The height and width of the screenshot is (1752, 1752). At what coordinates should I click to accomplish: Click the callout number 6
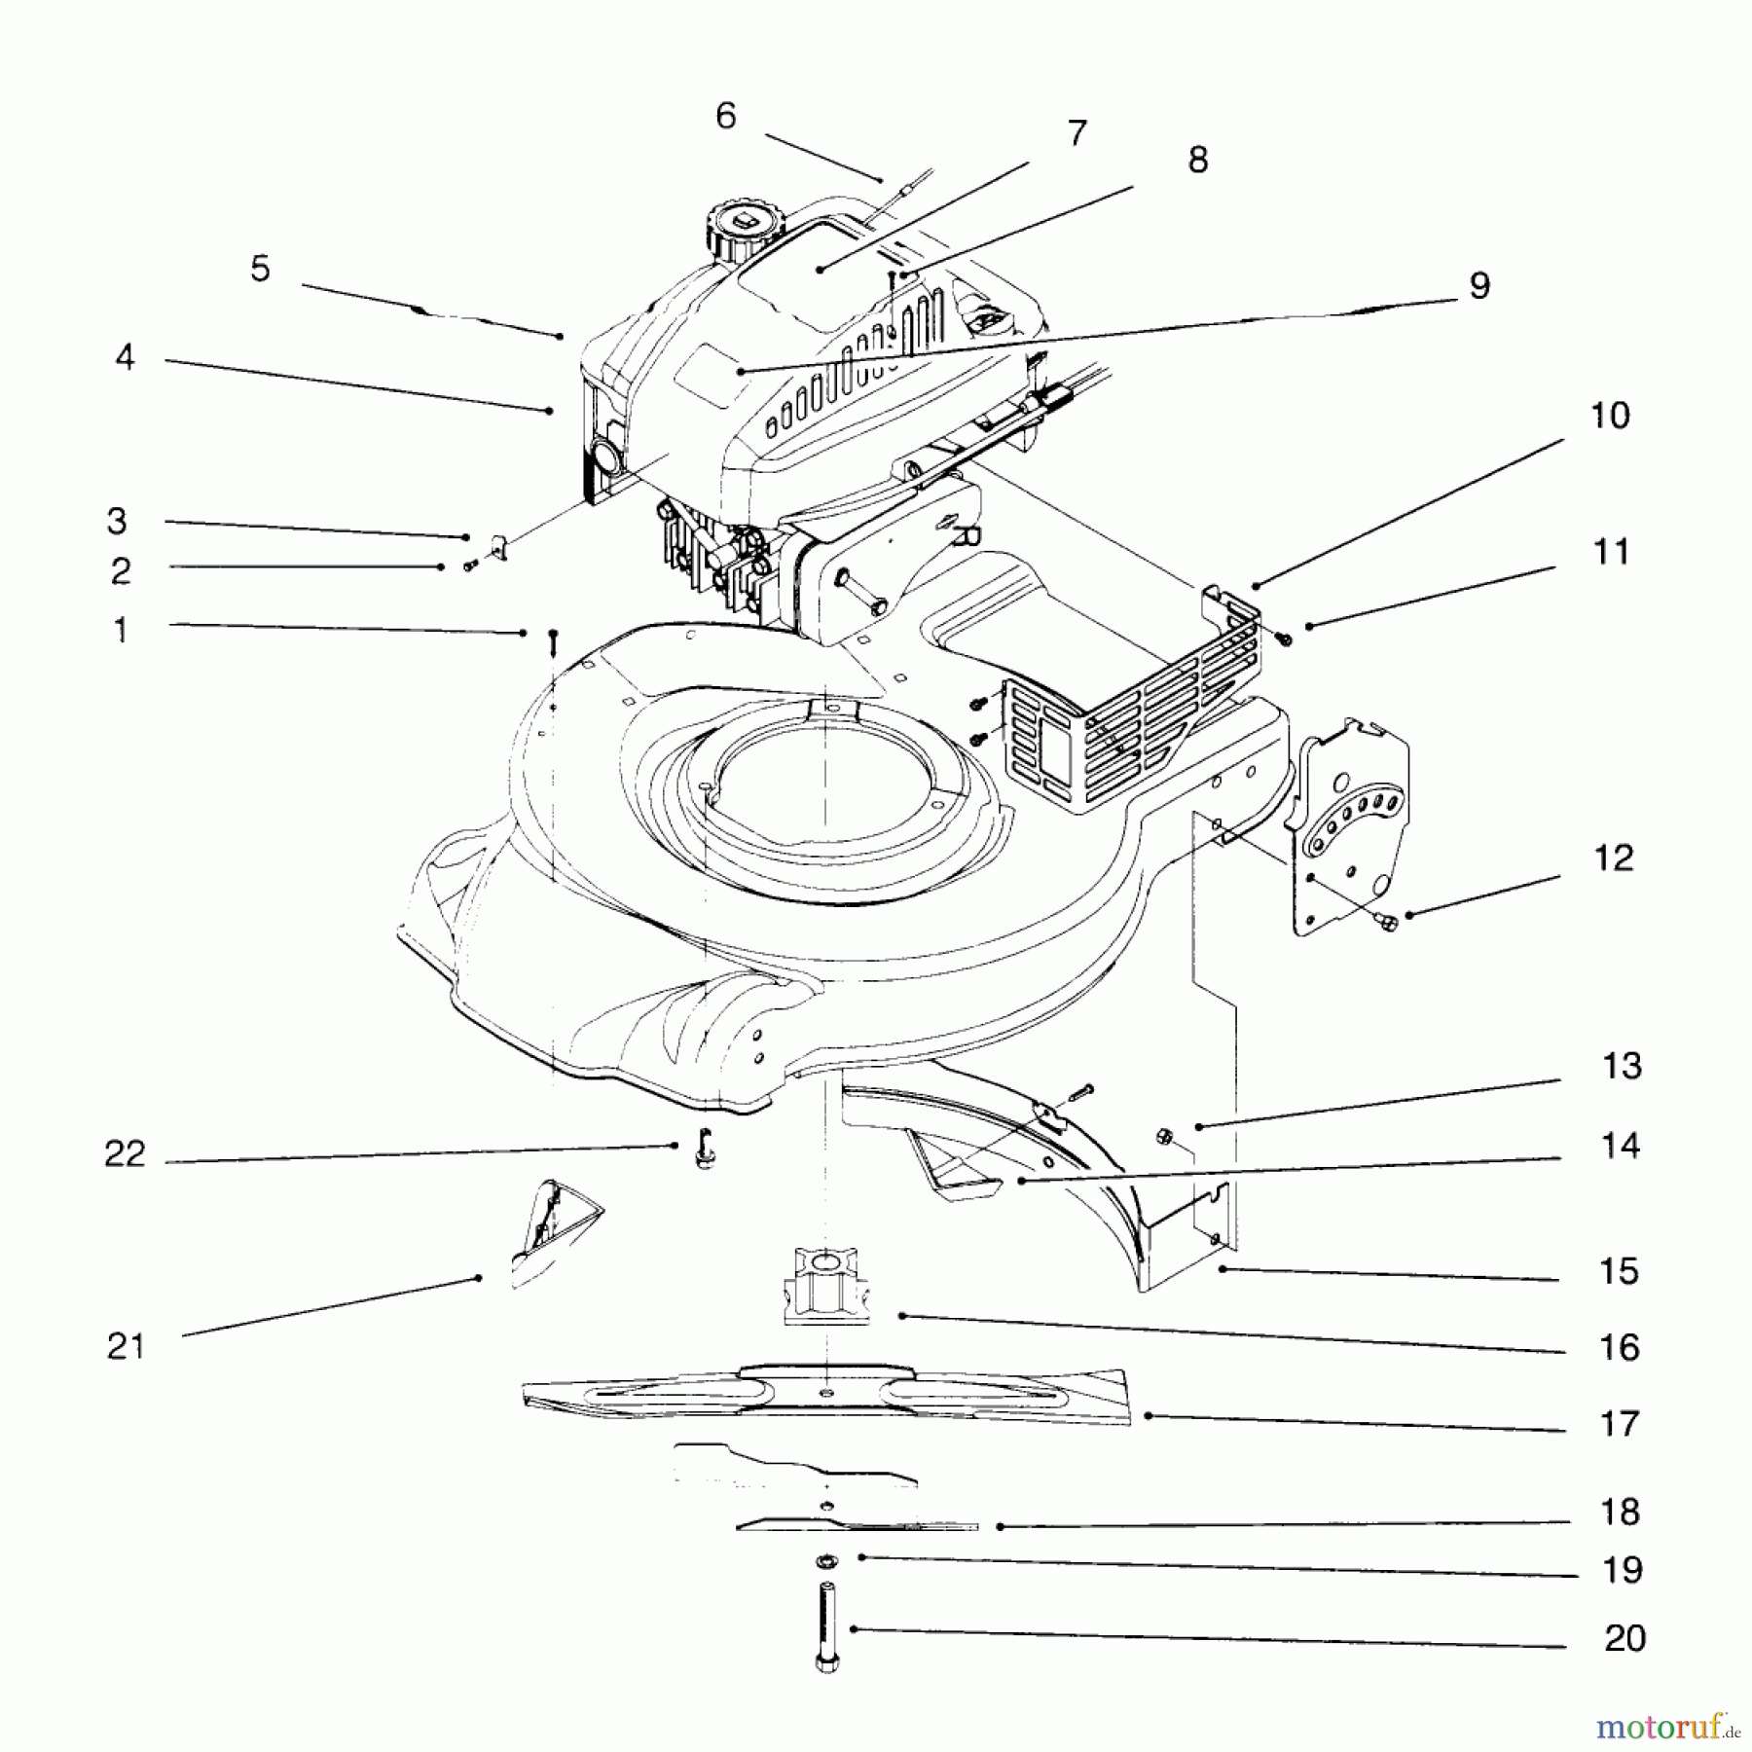(x=726, y=117)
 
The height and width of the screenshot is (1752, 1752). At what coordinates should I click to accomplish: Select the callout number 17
(x=1620, y=1424)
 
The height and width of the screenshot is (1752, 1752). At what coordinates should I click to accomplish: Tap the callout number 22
(x=125, y=1154)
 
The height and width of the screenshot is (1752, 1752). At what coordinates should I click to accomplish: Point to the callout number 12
(x=1614, y=858)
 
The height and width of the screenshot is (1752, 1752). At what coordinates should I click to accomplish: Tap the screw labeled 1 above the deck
(x=552, y=642)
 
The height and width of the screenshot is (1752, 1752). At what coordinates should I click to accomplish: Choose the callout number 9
(x=1478, y=286)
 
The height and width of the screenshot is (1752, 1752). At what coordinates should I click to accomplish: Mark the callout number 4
(x=125, y=357)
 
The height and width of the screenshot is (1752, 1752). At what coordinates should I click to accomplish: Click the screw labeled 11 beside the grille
(x=1284, y=639)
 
